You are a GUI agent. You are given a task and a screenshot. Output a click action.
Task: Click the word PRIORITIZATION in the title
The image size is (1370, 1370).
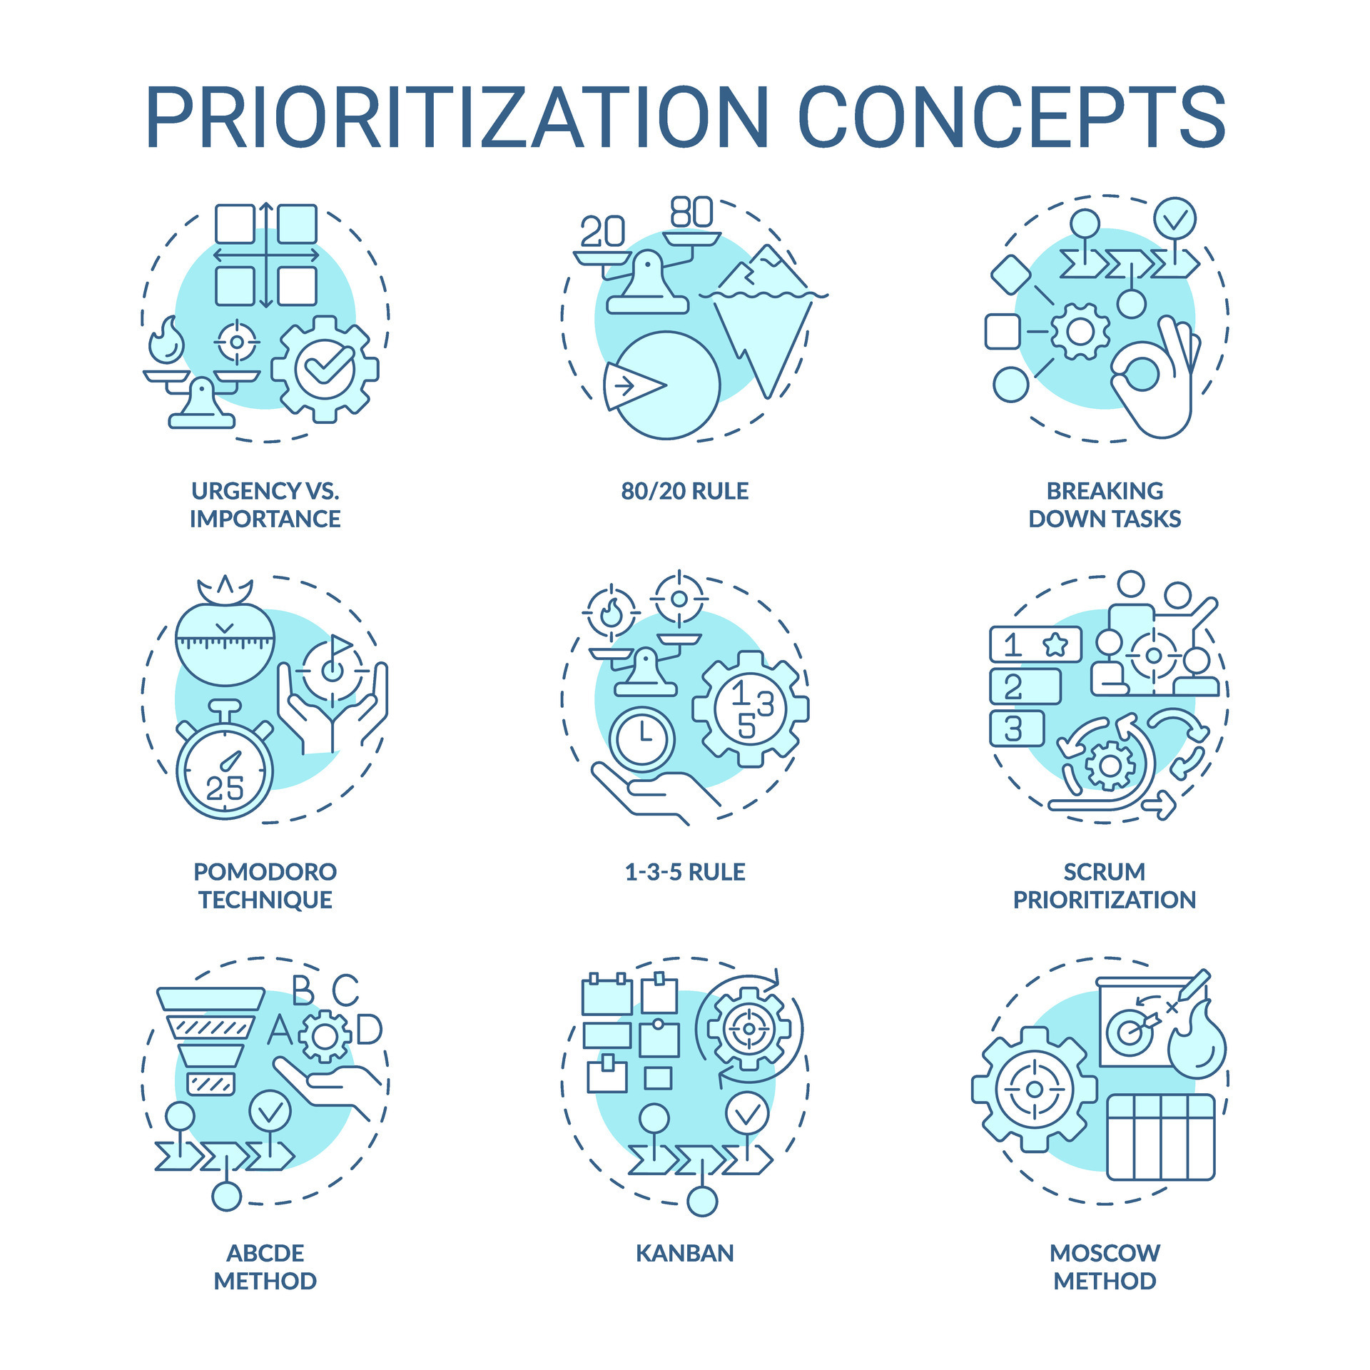(x=457, y=118)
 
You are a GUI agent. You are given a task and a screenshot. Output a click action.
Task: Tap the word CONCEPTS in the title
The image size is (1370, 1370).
(x=1011, y=118)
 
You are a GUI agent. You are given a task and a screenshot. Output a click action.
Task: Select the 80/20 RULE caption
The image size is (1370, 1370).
(x=684, y=491)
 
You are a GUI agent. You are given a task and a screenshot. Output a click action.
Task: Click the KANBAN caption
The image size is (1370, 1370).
(x=684, y=1253)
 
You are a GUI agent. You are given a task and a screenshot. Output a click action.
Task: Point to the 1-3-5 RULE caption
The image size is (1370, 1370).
(x=684, y=872)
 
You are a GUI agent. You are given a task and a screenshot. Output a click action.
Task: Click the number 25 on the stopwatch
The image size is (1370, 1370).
(x=225, y=788)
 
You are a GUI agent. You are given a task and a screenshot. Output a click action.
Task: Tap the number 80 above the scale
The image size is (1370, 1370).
(x=691, y=212)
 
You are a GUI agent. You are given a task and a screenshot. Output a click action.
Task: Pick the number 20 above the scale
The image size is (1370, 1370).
(x=602, y=231)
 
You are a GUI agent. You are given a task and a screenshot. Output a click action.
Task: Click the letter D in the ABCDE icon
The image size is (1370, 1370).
(x=369, y=1030)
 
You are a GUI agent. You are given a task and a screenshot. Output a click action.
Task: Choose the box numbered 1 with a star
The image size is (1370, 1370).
(x=1035, y=645)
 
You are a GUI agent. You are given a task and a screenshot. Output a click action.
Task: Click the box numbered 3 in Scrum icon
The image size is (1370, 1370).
(x=1016, y=729)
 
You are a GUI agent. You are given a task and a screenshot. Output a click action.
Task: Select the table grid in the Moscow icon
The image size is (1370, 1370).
(x=1160, y=1137)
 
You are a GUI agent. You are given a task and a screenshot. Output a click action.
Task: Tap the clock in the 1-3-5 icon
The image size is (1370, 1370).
(x=642, y=739)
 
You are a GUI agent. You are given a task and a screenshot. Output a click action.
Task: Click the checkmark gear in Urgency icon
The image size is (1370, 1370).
(x=325, y=368)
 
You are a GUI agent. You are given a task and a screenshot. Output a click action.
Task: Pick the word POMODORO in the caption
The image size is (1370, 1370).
(x=265, y=872)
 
